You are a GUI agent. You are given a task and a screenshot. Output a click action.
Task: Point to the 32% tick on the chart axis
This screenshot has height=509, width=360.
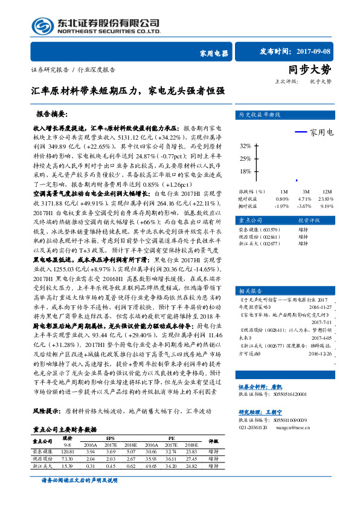[245, 146]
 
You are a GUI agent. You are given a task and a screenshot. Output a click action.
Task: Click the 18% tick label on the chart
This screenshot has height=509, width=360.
[245, 171]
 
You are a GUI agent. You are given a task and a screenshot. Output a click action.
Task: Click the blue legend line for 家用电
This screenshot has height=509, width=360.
[301, 132]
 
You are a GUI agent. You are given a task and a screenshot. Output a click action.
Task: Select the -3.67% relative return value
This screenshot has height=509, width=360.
[305, 206]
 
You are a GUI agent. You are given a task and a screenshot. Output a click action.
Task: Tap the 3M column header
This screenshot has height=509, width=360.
[305, 190]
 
